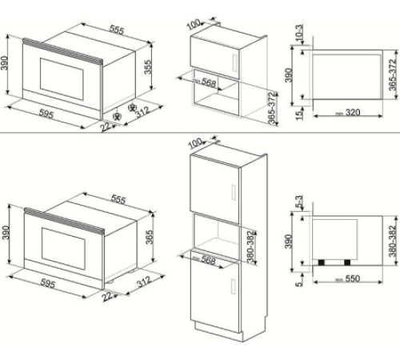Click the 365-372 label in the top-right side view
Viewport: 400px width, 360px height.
391,74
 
